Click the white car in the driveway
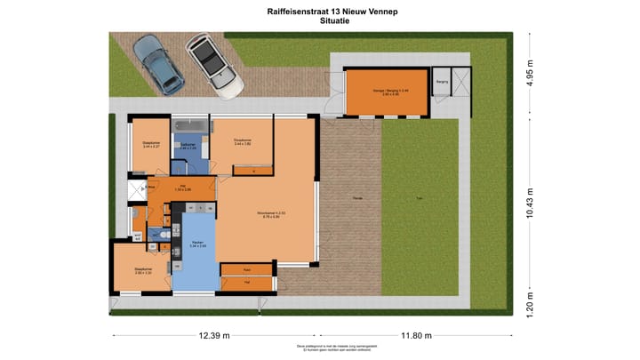coord(214,65)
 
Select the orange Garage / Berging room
coord(385,92)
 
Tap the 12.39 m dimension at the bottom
coord(214,335)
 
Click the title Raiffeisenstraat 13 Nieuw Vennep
coord(319,12)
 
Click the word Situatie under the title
coord(319,23)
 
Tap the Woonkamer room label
coord(268,214)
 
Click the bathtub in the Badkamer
coord(189,125)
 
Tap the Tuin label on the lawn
coord(419,197)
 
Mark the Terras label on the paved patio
coord(356,197)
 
